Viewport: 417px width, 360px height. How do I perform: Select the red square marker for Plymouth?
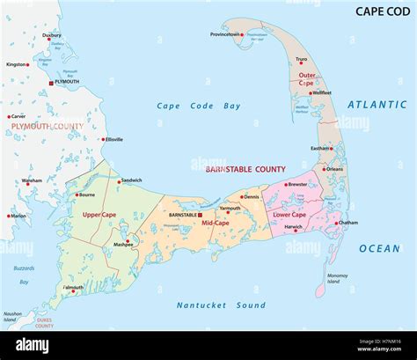[x=51, y=82]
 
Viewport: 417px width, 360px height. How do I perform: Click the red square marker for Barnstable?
[x=201, y=214]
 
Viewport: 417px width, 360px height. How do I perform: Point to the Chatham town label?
[x=347, y=223]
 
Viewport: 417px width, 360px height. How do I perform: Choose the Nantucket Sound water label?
[x=222, y=305]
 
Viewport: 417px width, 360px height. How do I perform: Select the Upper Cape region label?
[x=99, y=214]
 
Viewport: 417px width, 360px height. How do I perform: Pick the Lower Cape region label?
[x=289, y=214]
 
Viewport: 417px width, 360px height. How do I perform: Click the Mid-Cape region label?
[x=217, y=224]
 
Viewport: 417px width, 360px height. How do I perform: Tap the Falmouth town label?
[x=74, y=287]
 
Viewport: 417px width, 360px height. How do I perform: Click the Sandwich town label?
[x=132, y=180]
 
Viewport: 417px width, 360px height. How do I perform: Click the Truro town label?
[x=301, y=60]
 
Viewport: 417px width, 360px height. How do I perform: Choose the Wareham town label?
[x=33, y=180]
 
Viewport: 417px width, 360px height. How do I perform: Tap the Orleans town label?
[x=334, y=169]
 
